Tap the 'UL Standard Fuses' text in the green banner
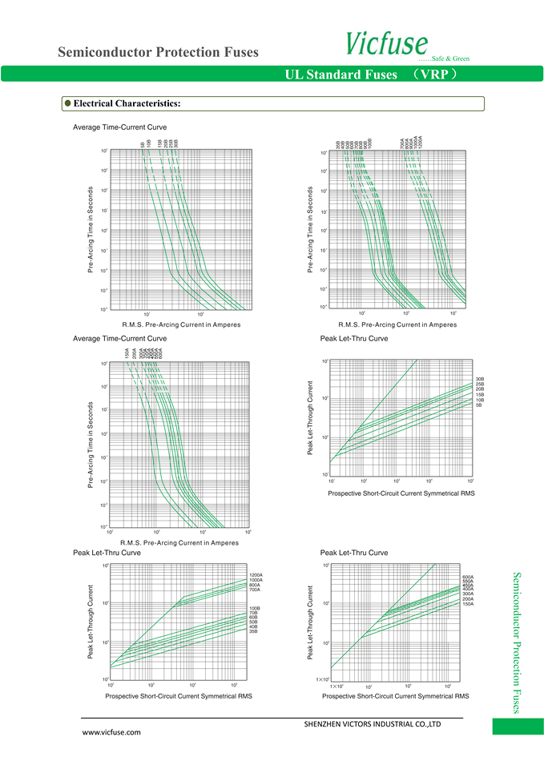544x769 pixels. tap(341, 74)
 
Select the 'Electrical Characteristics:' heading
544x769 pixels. tap(127, 103)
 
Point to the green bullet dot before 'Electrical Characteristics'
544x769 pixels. tap(68, 103)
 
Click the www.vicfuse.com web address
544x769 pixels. tap(112, 732)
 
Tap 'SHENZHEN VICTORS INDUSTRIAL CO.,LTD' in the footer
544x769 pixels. tap(373, 723)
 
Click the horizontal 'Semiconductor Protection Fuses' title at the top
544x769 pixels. tap(159, 53)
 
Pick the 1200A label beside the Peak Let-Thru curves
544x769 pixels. tap(256, 575)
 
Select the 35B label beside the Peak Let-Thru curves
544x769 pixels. tap(254, 632)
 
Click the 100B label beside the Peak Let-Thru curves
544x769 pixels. tap(255, 608)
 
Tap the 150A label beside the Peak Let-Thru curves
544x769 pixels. tap(469, 604)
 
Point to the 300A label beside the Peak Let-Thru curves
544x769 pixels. tap(469, 594)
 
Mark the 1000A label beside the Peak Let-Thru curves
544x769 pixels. tap(256, 580)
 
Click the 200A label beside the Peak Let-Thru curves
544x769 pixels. tap(469, 598)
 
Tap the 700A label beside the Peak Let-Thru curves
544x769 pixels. tap(256, 590)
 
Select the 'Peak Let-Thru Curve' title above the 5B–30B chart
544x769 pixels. tap(354, 339)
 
